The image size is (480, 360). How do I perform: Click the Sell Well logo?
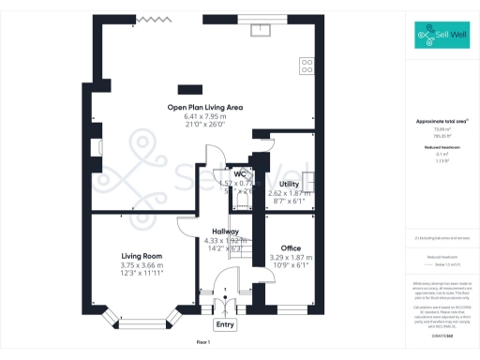pos(441,37)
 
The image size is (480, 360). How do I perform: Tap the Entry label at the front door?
pos(225,324)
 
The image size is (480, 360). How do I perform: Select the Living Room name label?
pos(142,255)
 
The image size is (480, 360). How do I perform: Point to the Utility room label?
pos(289,184)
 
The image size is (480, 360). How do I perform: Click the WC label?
pos(240,174)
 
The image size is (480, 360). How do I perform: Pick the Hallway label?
pos(225,231)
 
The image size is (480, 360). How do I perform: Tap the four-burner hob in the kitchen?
pos(306,66)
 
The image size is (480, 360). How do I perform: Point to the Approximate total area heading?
pos(441,122)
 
